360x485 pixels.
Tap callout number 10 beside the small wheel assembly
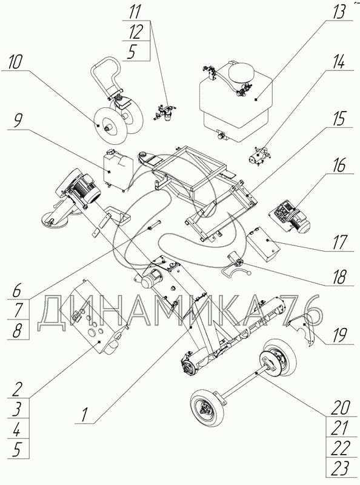(16, 62)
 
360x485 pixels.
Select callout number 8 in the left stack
(17, 330)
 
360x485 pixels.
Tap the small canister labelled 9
(118, 170)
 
